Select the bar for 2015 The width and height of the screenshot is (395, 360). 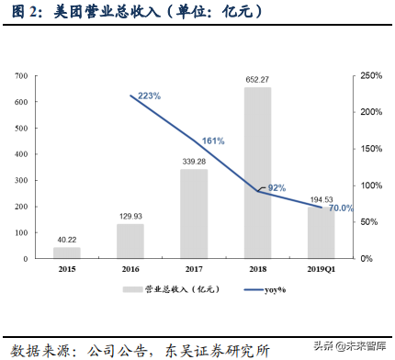[x=66, y=253]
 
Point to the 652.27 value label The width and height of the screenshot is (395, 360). [x=258, y=80]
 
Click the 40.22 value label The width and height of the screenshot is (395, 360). [x=66, y=240]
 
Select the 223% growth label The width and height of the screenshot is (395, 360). [x=149, y=96]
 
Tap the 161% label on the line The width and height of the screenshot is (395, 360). [x=213, y=141]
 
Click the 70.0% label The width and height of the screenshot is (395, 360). [x=341, y=208]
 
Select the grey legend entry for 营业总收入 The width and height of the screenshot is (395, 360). [x=155, y=289]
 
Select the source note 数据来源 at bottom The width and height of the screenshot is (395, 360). [x=138, y=349]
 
